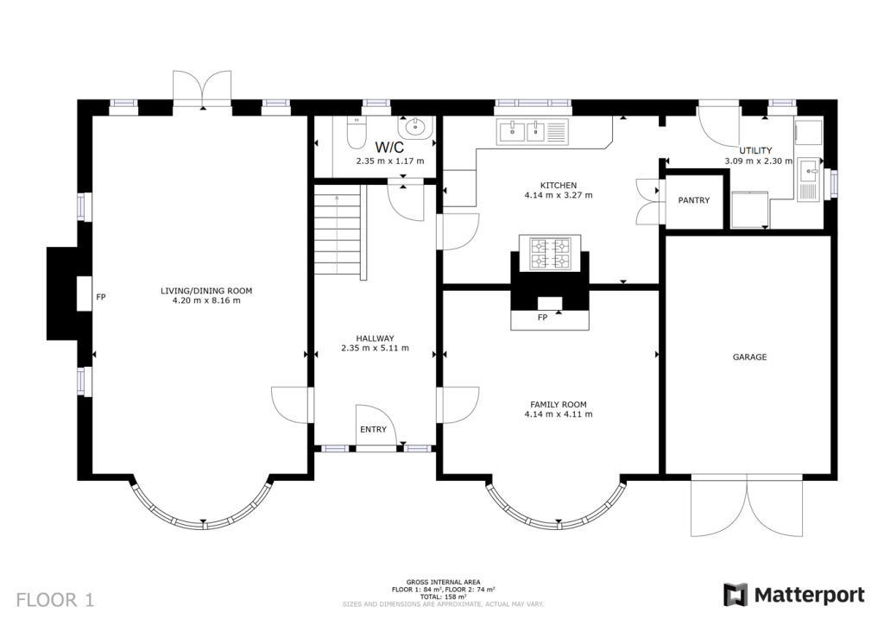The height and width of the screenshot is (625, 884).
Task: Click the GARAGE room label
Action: [x=749, y=357]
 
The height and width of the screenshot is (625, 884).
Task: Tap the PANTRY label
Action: [x=693, y=200]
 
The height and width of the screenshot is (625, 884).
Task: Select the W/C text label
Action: [x=389, y=148]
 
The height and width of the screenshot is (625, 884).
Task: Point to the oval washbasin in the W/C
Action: [x=415, y=128]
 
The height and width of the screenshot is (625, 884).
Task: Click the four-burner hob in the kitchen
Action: [x=550, y=253]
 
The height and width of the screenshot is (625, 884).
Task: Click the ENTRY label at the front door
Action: [x=373, y=429]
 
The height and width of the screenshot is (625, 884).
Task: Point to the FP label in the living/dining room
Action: [x=101, y=297]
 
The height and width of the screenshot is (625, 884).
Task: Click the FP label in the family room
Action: [x=542, y=318]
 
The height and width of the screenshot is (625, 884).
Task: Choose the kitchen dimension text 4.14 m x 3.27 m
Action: [x=559, y=196]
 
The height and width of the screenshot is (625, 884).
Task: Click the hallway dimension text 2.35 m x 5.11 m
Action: [x=375, y=348]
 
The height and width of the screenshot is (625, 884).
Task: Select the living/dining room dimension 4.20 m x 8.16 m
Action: [x=206, y=301]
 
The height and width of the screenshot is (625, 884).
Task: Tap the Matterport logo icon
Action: [x=736, y=595]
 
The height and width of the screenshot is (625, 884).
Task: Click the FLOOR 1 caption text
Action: [x=55, y=600]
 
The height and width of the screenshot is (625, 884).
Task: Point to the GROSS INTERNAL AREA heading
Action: [x=443, y=582]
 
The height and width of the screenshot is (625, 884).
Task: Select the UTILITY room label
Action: [x=755, y=151]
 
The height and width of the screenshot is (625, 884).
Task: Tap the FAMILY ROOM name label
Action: [x=559, y=405]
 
